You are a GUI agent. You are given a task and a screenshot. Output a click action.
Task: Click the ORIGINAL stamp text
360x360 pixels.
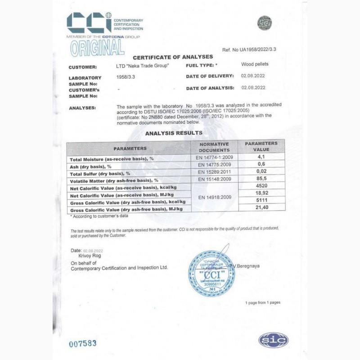97,47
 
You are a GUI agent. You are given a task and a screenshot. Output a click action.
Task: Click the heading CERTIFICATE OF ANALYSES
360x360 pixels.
172,57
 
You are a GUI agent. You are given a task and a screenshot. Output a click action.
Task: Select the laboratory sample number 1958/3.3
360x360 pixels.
126,77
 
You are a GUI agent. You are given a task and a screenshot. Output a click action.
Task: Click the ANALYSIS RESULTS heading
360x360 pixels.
173,133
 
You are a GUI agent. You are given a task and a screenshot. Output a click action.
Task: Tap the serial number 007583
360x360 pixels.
83,343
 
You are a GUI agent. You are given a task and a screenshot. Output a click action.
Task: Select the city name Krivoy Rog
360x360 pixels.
90,256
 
